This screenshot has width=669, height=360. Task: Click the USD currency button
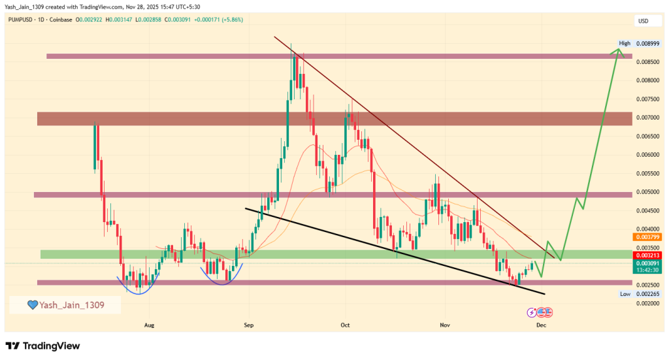tap(643, 22)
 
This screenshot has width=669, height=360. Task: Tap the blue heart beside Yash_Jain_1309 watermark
tap(32, 304)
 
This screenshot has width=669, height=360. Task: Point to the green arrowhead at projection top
tap(619, 50)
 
